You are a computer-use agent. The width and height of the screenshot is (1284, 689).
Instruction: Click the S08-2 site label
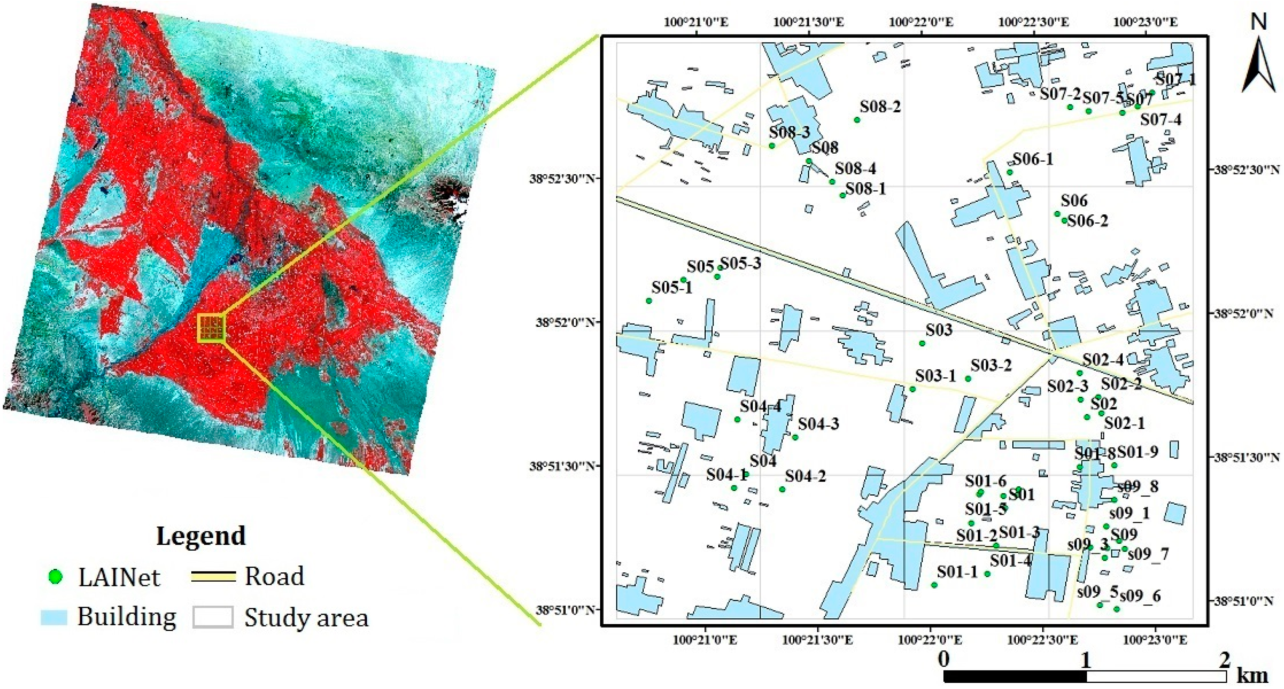pyautogui.click(x=880, y=107)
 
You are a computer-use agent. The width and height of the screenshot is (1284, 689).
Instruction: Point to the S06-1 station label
pyautogui.click(x=1033, y=159)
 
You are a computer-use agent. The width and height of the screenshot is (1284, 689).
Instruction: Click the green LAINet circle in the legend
pyautogui.click(x=55, y=577)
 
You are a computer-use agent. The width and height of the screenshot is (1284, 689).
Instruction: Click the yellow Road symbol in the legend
pyautogui.click(x=213, y=577)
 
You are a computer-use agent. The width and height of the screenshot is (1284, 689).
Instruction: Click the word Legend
pyautogui.click(x=201, y=536)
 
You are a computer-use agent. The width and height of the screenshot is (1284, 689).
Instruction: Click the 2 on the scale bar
pyautogui.click(x=1225, y=660)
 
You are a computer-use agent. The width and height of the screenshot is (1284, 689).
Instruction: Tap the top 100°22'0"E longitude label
pyautogui.click(x=921, y=22)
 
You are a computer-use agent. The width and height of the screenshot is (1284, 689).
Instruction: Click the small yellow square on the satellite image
pyautogui.click(x=212, y=328)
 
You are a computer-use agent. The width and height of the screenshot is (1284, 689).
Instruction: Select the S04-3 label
pyautogui.click(x=818, y=424)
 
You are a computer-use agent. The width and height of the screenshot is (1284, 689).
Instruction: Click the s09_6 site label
pyautogui.click(x=1140, y=595)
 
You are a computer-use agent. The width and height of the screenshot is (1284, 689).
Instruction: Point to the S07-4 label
pyautogui.click(x=1161, y=120)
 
